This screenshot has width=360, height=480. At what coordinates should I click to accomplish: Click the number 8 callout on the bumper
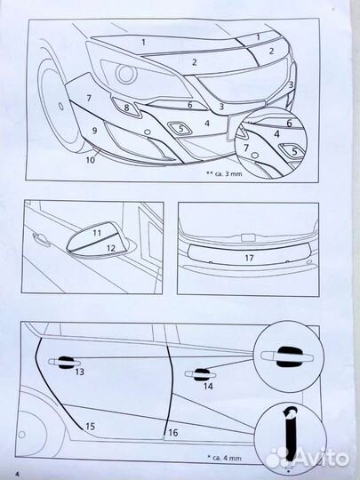coord(126,108)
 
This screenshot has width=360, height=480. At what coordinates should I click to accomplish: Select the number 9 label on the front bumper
coord(94,131)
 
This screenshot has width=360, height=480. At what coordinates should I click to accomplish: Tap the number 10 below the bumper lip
coord(91,160)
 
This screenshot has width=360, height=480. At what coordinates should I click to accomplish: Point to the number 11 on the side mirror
coord(97,233)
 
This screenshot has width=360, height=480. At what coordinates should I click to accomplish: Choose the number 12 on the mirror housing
coord(111,248)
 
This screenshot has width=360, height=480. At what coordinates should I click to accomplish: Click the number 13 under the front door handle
coord(80,372)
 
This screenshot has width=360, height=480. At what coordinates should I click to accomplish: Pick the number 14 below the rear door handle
coord(208,387)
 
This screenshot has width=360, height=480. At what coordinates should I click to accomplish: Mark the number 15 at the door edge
coord(90,426)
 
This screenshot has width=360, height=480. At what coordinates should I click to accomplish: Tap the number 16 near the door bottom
coord(173,433)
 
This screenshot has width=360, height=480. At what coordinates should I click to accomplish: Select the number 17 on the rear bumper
coord(249,258)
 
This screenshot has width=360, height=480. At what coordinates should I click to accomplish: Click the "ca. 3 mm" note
coord(225,174)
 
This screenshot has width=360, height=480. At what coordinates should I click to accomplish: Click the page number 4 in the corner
coord(18,474)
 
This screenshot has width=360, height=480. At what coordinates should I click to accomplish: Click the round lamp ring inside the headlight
coord(126,74)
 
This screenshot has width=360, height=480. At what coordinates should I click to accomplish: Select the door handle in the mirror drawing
coord(41,239)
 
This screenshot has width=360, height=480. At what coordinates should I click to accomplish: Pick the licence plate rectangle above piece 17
coord(249,237)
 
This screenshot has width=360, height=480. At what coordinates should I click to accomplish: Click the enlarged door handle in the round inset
coord(287,357)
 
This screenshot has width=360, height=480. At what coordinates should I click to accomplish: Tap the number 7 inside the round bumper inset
coord(246,148)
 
